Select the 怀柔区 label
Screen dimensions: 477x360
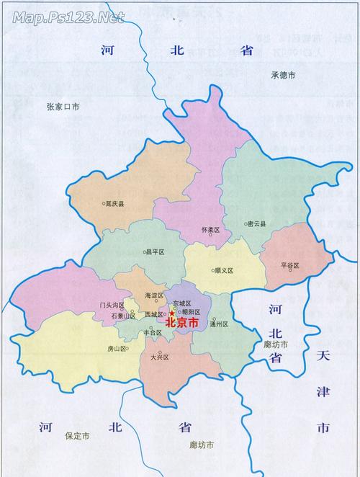click(210, 229)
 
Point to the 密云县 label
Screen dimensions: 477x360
click(256, 224)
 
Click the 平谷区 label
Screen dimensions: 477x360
click(289, 265)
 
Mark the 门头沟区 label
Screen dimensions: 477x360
click(113, 305)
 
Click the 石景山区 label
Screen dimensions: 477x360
click(123, 316)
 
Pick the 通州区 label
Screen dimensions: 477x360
click(219, 324)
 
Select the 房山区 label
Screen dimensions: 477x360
click(117, 349)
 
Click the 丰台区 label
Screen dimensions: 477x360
click(153, 333)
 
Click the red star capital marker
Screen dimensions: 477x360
click(171, 313)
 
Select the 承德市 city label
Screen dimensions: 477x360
click(284, 75)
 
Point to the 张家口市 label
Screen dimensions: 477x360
click(63, 107)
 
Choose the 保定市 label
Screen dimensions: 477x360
click(77, 436)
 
